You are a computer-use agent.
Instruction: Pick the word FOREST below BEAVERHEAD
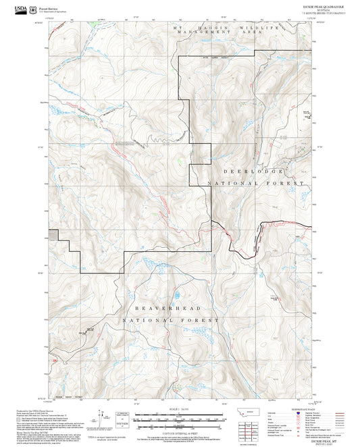coord(206,319)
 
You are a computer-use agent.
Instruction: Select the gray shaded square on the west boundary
coord(54,234)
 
